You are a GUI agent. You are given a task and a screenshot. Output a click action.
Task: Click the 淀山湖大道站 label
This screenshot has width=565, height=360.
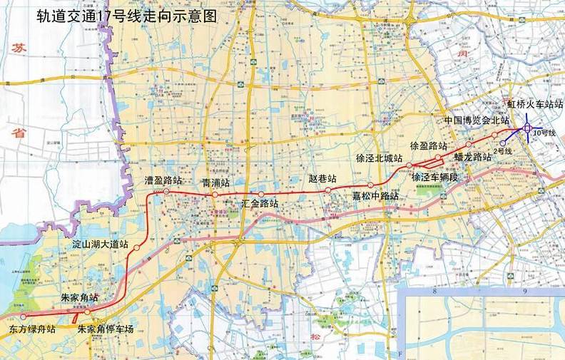[x=101, y=244]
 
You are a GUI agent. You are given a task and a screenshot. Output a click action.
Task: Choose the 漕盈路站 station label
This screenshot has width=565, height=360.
[x=163, y=180]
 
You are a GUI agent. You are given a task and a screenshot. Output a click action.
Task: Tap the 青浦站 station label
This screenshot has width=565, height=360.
[x=215, y=183]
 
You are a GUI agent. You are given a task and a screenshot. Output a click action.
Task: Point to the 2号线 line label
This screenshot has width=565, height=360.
[x=504, y=151]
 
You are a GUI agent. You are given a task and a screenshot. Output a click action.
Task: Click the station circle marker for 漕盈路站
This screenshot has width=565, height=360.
[x=166, y=192]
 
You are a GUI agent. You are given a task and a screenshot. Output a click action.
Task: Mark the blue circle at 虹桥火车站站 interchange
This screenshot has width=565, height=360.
[x=526, y=128]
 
